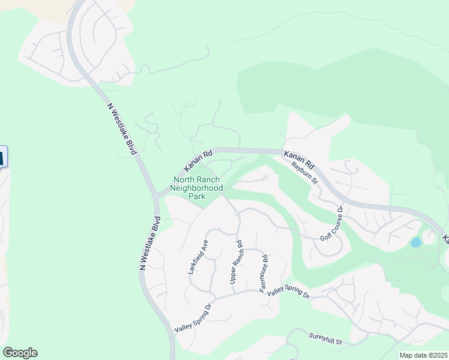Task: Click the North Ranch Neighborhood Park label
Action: pos(196,188)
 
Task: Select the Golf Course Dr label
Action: pos(331,224)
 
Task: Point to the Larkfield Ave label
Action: pos(199,257)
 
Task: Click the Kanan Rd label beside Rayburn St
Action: pos(299,158)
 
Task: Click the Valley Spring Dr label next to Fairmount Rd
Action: pos(288,293)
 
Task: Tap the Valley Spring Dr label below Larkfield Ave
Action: pos(193,319)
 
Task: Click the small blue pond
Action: pos(415,242)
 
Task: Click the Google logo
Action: pos(20,353)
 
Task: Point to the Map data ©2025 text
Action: pos(423,355)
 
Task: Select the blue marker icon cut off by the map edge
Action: pos(2,157)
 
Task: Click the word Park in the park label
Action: pos(196,196)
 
